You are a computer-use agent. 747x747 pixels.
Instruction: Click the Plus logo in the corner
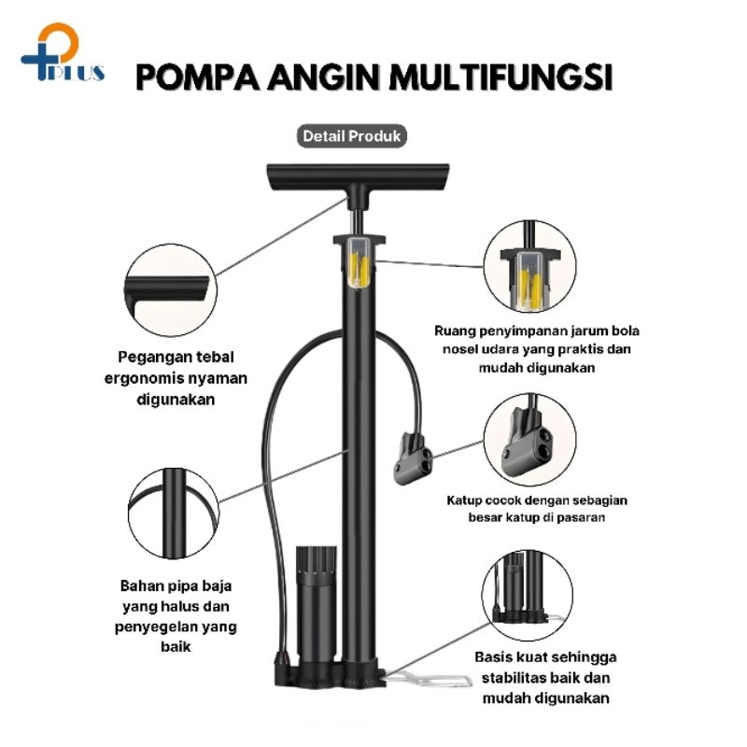(62, 53)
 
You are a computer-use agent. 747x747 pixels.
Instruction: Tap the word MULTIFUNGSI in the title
(500, 78)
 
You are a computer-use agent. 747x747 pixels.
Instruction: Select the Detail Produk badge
(352, 136)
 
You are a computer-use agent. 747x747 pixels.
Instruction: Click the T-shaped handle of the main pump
(358, 182)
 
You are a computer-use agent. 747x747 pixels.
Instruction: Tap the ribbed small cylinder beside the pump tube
(316, 605)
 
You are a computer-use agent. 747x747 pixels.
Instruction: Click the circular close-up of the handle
(171, 290)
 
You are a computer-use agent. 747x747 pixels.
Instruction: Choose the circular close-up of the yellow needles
(529, 266)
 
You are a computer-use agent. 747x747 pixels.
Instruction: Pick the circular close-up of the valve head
(529, 440)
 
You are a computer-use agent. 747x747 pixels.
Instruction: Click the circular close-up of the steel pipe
(174, 513)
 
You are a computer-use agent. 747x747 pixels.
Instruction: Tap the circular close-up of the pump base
(528, 595)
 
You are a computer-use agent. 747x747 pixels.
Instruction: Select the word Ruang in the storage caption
(455, 331)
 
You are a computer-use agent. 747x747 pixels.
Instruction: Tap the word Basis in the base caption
(496, 657)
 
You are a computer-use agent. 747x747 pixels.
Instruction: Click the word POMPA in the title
(198, 78)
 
